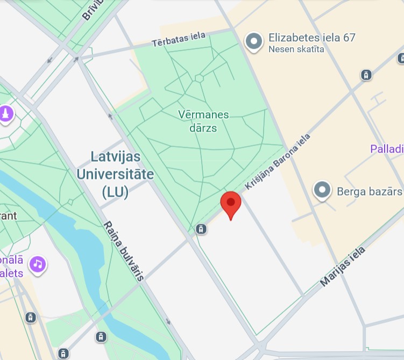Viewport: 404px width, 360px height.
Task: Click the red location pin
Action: pos(231,203)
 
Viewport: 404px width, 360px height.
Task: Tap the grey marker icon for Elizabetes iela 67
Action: pos(254,41)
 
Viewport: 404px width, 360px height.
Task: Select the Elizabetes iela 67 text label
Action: pos(312,38)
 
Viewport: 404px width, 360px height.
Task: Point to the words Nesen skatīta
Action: pos(296,50)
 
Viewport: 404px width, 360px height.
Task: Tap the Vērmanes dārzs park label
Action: pos(204,121)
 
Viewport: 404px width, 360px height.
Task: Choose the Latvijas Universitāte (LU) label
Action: pos(115,175)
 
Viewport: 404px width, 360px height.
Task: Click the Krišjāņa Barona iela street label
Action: pos(278,162)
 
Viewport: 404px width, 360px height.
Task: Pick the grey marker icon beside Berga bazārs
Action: pos(322,190)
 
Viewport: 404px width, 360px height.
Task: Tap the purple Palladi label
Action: pos(387,148)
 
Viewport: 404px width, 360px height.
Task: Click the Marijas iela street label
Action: pos(343,267)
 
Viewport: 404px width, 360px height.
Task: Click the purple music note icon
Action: pos(38,264)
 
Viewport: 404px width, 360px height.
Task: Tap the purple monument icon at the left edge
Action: pos(6,114)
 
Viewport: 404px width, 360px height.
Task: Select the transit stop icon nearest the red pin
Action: pos(201,229)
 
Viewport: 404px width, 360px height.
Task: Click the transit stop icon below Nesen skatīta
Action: pos(366,75)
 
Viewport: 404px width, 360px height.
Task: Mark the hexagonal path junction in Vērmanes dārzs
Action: pos(199,78)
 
